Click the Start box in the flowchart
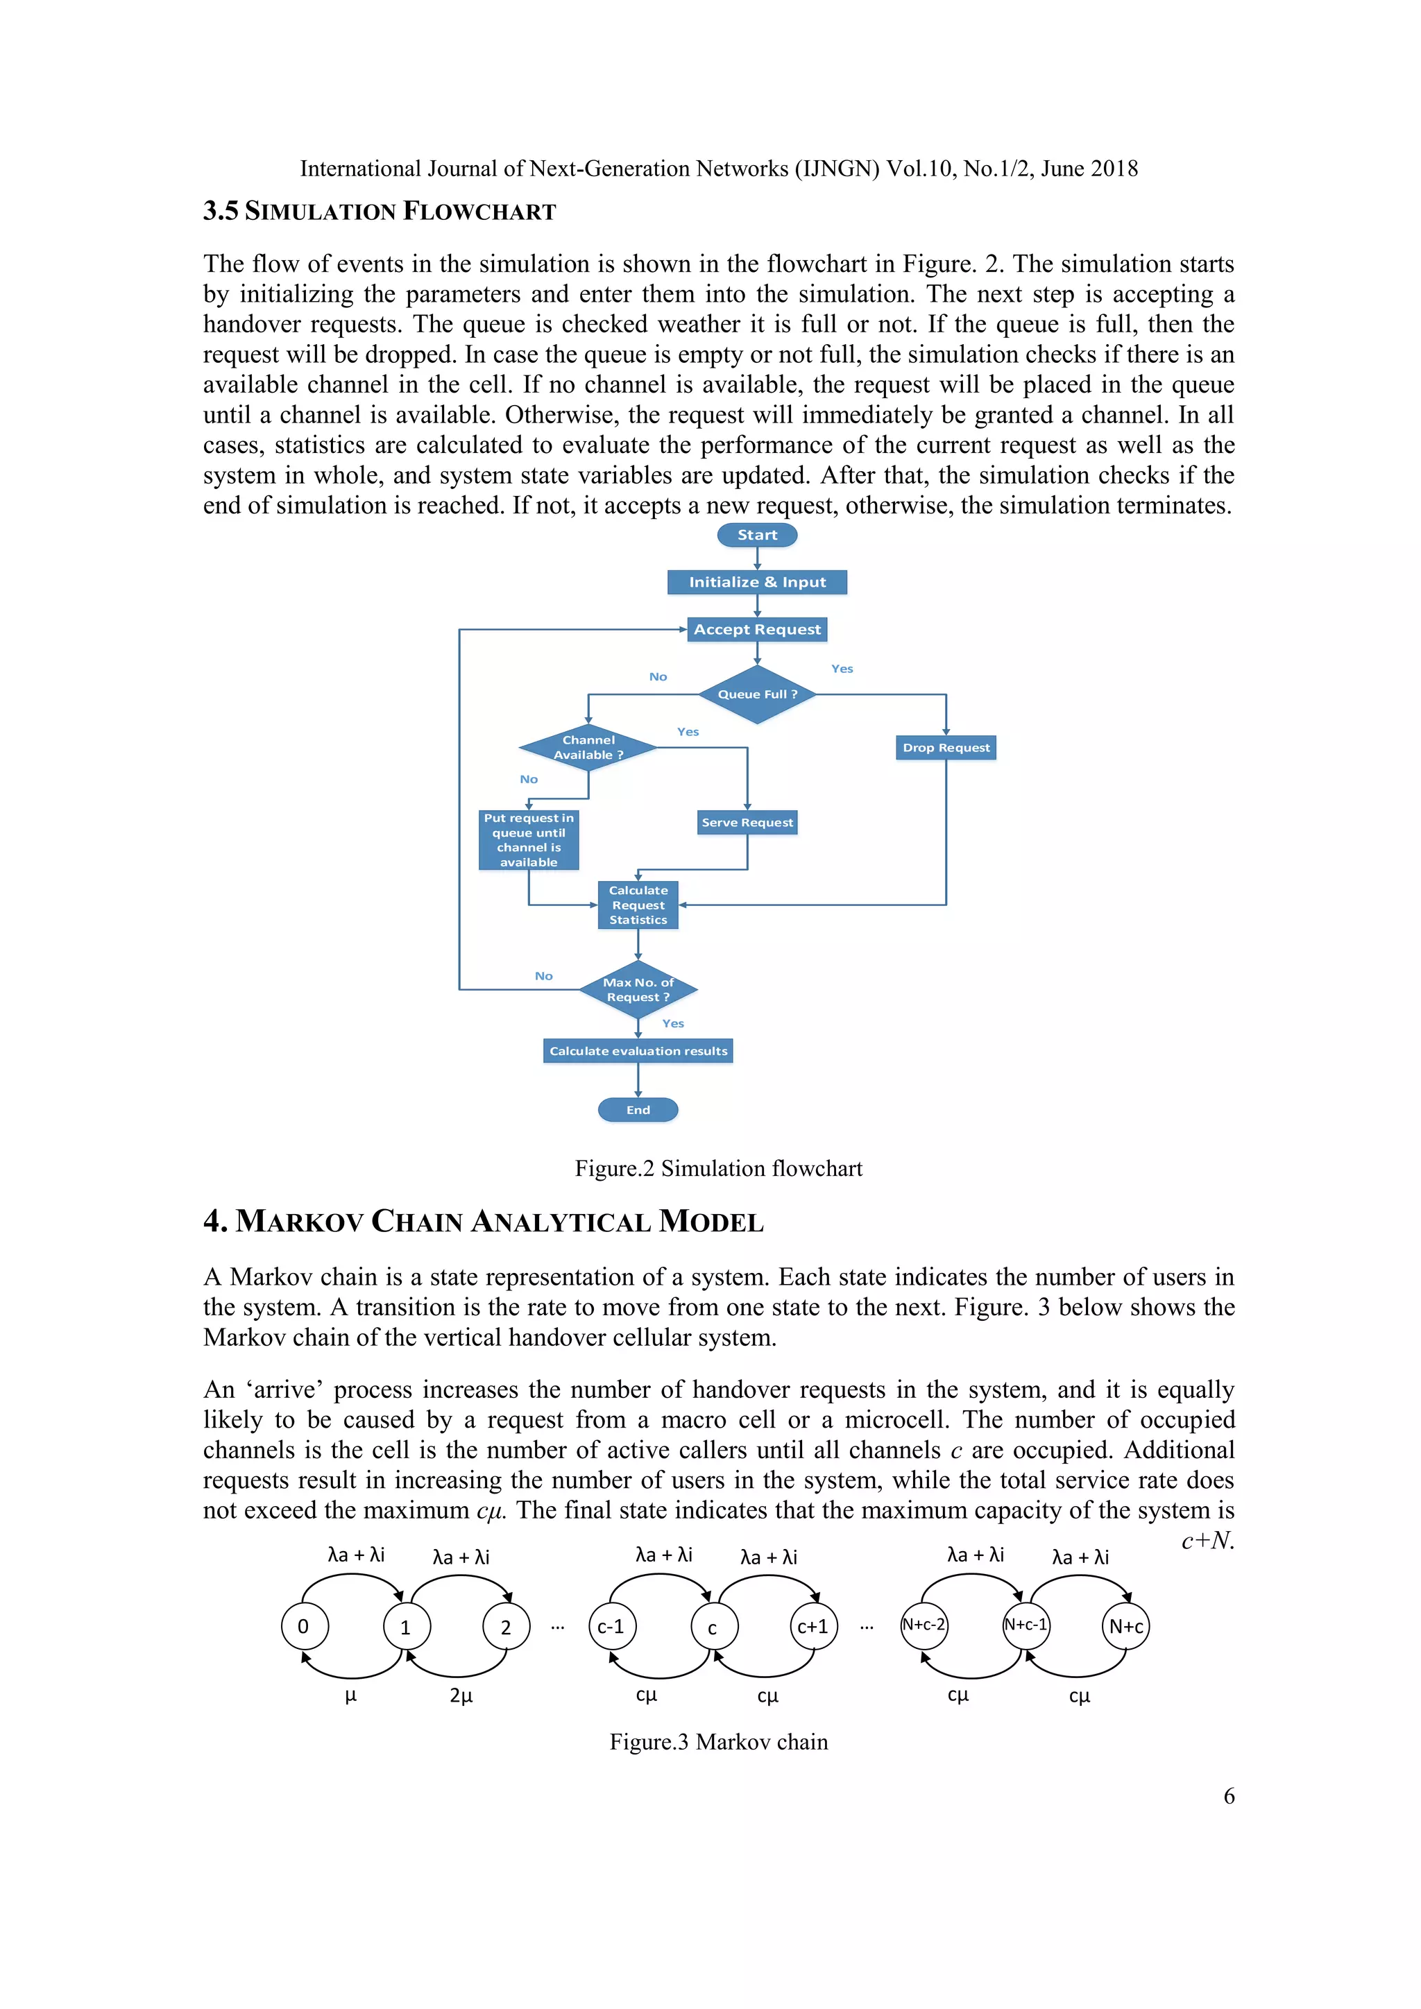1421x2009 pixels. click(x=757, y=535)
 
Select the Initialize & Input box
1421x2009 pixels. click(x=757, y=582)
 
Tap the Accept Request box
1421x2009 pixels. click(x=757, y=629)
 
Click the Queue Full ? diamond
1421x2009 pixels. click(x=757, y=694)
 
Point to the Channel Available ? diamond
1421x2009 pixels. click(x=588, y=747)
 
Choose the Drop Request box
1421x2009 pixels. click(x=946, y=747)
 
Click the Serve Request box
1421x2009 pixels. click(x=747, y=823)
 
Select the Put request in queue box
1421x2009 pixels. click(x=529, y=840)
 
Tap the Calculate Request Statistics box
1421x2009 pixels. click(x=638, y=905)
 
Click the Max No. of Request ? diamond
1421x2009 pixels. click(x=638, y=990)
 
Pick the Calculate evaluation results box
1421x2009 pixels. click(x=638, y=1051)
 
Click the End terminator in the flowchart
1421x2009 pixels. click(x=638, y=1109)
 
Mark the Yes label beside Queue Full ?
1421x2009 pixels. click(x=842, y=669)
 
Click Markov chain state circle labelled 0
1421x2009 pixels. click(x=304, y=1627)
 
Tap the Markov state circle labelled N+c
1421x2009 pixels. click(x=1125, y=1627)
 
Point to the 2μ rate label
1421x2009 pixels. click(x=461, y=1695)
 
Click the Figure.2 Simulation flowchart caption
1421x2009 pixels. click(x=718, y=1169)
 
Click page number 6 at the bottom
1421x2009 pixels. click(x=1229, y=1796)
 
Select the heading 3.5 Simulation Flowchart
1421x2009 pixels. click(x=379, y=211)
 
